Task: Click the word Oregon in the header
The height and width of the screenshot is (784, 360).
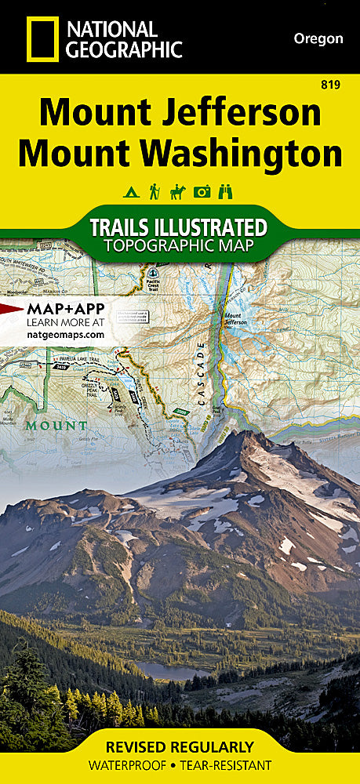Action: click(x=318, y=38)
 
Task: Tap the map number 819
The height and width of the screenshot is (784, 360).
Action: click(x=332, y=85)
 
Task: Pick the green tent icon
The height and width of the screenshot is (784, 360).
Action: click(x=129, y=191)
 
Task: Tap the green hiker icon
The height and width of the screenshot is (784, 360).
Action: click(x=154, y=191)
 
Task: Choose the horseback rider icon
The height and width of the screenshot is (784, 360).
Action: click(x=178, y=191)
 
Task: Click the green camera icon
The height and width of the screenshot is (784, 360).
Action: click(x=203, y=191)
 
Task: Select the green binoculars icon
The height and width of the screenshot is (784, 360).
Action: click(x=227, y=191)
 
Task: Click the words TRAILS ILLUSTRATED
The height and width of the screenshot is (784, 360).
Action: click(x=178, y=227)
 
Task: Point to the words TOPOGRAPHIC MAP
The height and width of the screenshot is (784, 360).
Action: click(x=178, y=247)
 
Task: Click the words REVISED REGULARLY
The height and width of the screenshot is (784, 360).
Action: click(x=180, y=746)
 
